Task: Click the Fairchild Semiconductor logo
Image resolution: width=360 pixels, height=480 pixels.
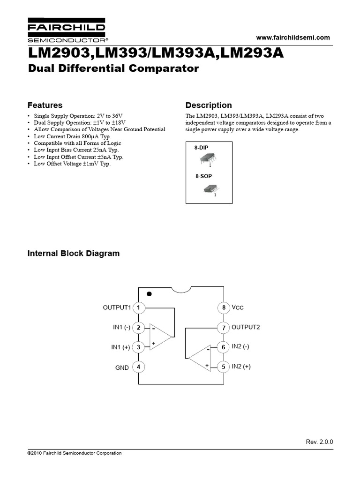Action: pyautogui.click(x=66, y=31)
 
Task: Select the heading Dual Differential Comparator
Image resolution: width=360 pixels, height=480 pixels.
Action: pyautogui.click(x=113, y=69)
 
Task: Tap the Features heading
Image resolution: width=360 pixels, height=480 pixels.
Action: pyautogui.click(x=45, y=105)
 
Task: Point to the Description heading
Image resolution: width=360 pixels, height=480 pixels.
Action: pyautogui.click(x=209, y=105)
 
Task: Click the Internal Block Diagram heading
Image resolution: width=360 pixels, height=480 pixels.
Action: pyautogui.click(x=74, y=254)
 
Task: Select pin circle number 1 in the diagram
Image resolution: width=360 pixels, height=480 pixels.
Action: pyautogui.click(x=138, y=307)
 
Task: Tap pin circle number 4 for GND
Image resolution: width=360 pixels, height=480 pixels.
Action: pyautogui.click(x=138, y=367)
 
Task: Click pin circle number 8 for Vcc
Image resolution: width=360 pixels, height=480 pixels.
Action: pyautogui.click(x=224, y=307)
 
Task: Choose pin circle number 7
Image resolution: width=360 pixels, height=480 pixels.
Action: pyautogui.click(x=224, y=327)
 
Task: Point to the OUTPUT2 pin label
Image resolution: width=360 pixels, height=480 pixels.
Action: pyautogui.click(x=246, y=327)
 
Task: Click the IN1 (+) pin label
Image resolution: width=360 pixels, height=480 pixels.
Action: pyautogui.click(x=120, y=347)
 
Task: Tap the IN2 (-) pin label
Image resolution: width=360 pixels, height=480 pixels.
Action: pyautogui.click(x=240, y=347)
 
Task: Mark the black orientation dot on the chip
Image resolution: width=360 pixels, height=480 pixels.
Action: pyautogui.click(x=150, y=294)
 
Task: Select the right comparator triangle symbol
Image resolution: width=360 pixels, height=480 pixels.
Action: pyautogui.click(x=200, y=358)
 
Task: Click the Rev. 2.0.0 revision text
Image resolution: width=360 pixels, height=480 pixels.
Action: pyautogui.click(x=319, y=442)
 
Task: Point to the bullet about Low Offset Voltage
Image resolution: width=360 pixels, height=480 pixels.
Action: pyautogui.click(x=72, y=164)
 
